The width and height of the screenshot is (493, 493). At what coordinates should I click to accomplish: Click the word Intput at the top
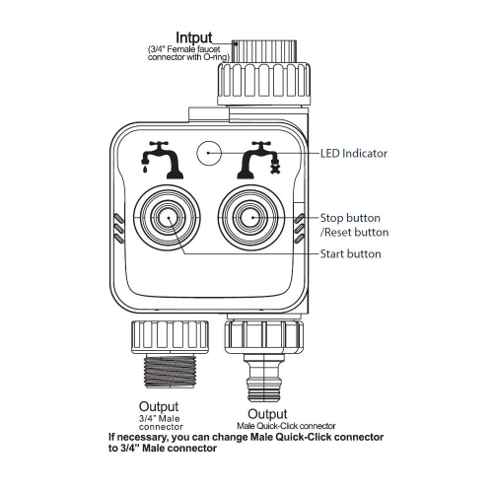(194, 37)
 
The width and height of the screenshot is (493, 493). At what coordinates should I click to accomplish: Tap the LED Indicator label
(354, 153)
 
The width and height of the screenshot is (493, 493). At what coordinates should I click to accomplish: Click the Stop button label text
(350, 218)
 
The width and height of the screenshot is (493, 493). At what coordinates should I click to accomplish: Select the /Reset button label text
(354, 233)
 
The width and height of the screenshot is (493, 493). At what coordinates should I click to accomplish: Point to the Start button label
(350, 254)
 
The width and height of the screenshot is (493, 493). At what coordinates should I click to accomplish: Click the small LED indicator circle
(209, 153)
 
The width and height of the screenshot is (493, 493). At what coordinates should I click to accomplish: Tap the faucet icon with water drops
(161, 160)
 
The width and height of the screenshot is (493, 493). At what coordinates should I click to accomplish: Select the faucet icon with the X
(259, 160)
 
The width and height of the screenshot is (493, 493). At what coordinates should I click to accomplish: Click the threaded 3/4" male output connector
(170, 372)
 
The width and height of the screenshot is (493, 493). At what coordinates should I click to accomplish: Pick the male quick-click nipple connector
(264, 378)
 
